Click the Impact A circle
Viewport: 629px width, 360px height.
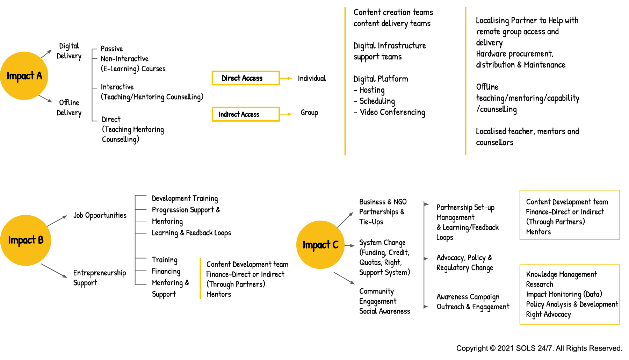coord(24,75)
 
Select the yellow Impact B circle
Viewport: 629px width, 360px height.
coord(26,240)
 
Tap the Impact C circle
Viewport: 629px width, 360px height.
coord(320,245)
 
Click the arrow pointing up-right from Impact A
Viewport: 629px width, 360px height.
coord(46,54)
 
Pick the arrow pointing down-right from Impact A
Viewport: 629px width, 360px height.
coord(46,99)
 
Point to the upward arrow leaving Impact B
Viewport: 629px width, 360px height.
coord(57,221)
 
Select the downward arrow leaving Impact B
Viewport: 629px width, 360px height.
coord(54,271)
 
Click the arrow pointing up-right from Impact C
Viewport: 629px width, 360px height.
coord(346,219)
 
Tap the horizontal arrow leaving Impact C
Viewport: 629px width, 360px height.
coord(350,246)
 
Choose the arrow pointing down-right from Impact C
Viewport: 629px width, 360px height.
coord(345,278)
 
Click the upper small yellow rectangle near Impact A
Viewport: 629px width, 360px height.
coord(246,78)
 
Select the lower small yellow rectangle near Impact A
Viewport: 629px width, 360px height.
coord(246,114)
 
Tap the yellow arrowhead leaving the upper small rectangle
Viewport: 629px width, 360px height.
coord(289,78)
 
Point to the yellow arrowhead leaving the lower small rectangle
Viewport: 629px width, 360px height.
coord(289,114)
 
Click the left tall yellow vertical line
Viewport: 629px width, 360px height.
coord(345,81)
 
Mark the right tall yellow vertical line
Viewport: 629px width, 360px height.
coord(465,81)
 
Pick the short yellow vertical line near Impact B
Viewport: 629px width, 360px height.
coord(200,278)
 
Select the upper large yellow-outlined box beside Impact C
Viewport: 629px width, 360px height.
coord(570,215)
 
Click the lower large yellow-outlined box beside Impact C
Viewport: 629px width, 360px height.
coord(570,294)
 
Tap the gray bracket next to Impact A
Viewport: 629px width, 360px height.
coord(92,85)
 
